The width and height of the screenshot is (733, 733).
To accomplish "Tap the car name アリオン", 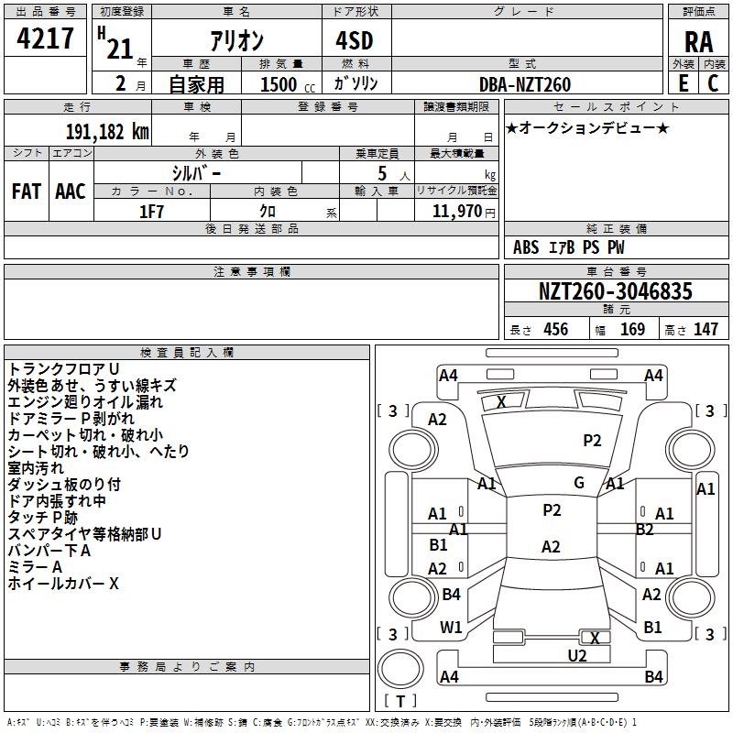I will tap(236, 42).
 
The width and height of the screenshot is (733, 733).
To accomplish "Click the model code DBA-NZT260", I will tap(525, 84).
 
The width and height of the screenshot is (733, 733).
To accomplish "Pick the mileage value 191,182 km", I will tap(106, 131).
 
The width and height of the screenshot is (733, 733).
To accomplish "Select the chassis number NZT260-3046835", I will tap(616, 291).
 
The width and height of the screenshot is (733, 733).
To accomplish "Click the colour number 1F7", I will tap(152, 211).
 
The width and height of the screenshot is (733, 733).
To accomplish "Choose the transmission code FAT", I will tap(26, 191).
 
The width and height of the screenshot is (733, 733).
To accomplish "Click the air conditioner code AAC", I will tap(71, 191).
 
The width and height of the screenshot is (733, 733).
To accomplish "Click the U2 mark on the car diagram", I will tap(577, 655).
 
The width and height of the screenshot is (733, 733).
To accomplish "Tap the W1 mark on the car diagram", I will tap(451, 628).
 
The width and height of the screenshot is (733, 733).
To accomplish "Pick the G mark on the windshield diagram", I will tap(578, 483).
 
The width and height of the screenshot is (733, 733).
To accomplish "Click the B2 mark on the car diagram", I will tap(644, 529).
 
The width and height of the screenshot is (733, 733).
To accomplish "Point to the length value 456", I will tap(555, 330).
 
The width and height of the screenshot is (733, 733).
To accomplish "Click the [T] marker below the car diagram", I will tap(400, 702).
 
